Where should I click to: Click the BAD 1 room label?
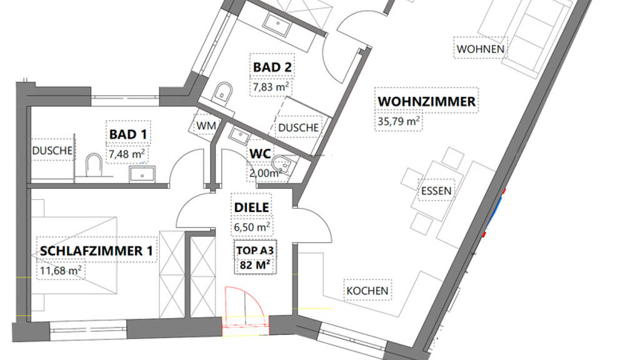click(x=128, y=134)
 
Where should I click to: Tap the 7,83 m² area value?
click(x=271, y=87)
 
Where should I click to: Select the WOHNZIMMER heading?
click(x=426, y=101)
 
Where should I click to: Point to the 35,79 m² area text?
click(x=398, y=121)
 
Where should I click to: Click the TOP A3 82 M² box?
click(x=255, y=257)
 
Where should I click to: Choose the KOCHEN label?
click(x=367, y=291)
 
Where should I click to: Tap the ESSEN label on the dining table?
click(x=436, y=191)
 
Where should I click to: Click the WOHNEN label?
click(x=481, y=49)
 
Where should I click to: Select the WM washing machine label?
click(x=206, y=126)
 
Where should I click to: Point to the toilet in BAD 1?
click(x=94, y=164)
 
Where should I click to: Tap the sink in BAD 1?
click(x=142, y=174)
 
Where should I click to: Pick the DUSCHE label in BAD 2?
click(x=298, y=127)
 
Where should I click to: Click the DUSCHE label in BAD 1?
click(x=52, y=151)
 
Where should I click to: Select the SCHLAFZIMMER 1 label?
click(x=96, y=251)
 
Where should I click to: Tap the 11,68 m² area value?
click(x=61, y=270)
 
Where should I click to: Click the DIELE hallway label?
click(x=251, y=207)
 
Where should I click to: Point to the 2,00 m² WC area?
click(x=265, y=173)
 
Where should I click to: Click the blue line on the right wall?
click(x=495, y=212)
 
